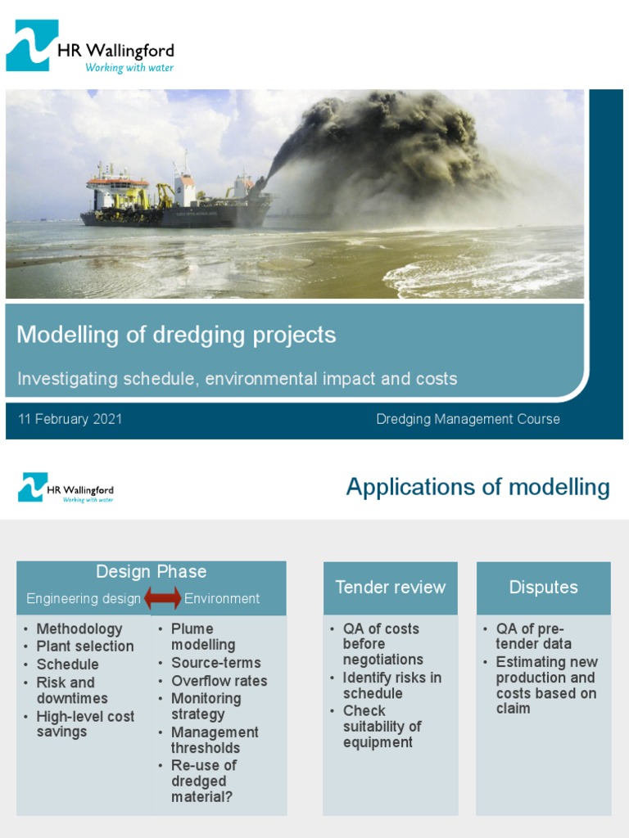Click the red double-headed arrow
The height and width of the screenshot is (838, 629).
click(x=163, y=599)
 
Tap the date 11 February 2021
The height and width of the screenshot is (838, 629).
click(x=70, y=419)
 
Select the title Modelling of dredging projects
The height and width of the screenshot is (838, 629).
click(x=176, y=335)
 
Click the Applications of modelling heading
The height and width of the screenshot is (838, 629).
click(x=477, y=487)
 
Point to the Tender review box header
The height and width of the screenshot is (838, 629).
click(x=391, y=588)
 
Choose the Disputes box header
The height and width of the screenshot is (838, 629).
click(x=543, y=588)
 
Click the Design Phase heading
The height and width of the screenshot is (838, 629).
click(x=152, y=572)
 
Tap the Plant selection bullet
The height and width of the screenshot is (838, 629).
click(x=85, y=647)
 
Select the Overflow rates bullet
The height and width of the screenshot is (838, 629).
click(x=219, y=681)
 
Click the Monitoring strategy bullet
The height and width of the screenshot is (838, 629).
click(x=206, y=706)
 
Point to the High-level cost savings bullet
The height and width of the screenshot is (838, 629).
click(x=85, y=724)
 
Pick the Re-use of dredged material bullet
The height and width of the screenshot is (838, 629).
click(x=203, y=781)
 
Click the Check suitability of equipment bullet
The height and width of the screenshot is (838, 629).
click(x=382, y=727)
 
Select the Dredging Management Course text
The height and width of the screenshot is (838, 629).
click(x=468, y=419)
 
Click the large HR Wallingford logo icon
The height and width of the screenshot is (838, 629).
click(x=32, y=46)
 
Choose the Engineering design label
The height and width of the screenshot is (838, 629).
click(x=84, y=599)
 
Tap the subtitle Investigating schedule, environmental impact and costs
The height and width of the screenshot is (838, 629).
click(x=238, y=379)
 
